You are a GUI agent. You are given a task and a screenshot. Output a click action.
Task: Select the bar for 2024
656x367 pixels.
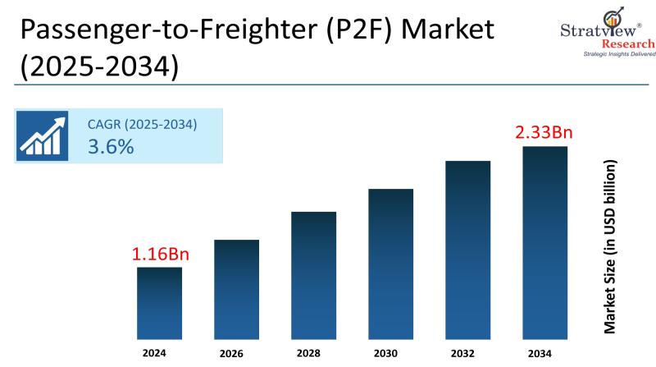(x=159, y=304)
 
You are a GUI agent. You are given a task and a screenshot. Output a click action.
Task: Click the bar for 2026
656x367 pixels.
(x=236, y=290)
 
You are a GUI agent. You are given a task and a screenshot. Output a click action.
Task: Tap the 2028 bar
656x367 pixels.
(x=313, y=276)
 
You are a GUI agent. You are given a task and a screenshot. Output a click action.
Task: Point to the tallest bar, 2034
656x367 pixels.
(x=544, y=243)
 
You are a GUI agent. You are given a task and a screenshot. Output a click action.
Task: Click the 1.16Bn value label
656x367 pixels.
(x=159, y=254)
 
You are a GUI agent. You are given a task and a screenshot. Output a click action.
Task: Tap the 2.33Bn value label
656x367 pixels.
(x=544, y=131)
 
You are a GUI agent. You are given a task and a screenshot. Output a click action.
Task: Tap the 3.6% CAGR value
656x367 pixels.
(x=111, y=147)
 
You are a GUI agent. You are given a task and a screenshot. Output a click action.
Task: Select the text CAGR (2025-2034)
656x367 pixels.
(x=142, y=124)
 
